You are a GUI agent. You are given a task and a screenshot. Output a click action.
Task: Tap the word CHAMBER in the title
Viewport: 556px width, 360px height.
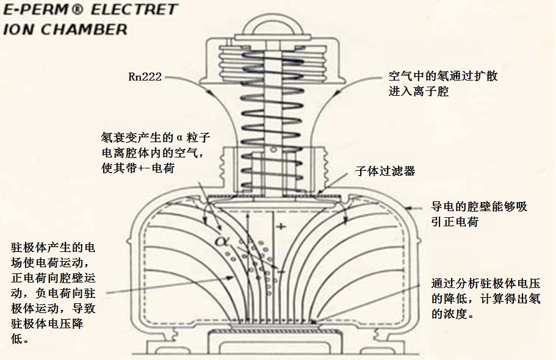coord(87,29)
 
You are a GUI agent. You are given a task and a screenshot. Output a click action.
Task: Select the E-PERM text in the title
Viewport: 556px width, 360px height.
coord(31,10)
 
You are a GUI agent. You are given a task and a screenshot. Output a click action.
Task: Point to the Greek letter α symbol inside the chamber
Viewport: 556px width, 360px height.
coord(221,240)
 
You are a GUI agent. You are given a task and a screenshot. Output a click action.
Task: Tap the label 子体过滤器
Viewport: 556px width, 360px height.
coord(385,171)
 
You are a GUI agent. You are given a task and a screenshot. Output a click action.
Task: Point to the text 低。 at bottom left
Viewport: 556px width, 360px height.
coord(21,338)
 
